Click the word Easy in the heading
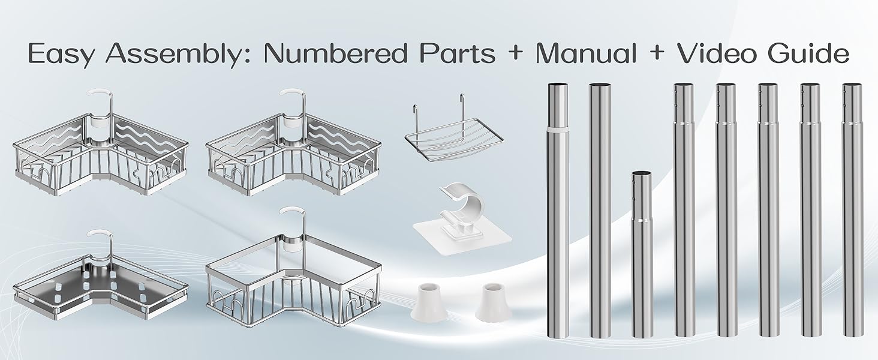coord(61,54)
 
